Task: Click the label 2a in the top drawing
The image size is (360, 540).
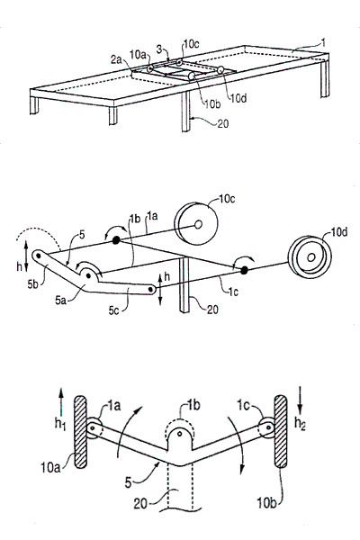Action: pos(116,60)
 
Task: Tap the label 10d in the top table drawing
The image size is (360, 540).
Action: pos(238,98)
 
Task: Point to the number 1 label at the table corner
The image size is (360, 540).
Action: pos(322,42)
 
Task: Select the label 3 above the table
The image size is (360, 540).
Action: pos(159,49)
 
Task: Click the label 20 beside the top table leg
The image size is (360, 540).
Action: pos(223,123)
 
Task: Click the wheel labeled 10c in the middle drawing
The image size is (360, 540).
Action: pos(196,224)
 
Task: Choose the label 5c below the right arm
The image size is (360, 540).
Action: pos(115,310)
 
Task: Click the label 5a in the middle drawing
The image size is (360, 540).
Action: pos(62,300)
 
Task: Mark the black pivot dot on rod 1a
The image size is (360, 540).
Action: pos(116,240)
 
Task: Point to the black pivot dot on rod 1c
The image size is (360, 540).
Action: pos(244,270)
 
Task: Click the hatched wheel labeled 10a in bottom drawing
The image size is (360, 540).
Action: pos(80,432)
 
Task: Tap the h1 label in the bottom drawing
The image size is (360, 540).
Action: pos(60,424)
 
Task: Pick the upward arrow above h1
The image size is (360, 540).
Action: pos(61,401)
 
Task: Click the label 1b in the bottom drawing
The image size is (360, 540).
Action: pos(193,405)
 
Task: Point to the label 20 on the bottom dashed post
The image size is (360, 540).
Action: pos(140,504)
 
